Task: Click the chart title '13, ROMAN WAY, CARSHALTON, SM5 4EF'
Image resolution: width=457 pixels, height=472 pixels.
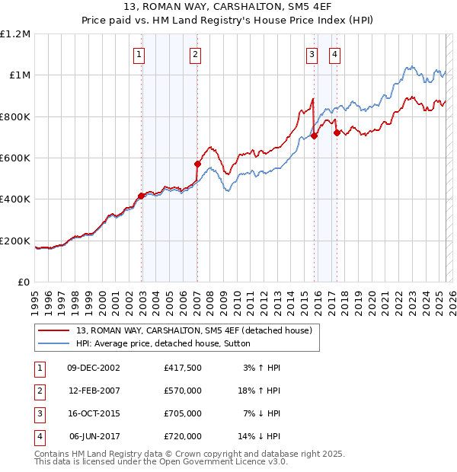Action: (x=228, y=7)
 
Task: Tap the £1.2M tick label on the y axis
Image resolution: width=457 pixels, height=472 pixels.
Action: (x=15, y=34)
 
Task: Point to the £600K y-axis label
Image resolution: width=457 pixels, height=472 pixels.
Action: (x=15, y=158)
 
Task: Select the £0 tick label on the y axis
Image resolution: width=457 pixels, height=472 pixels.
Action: (x=24, y=282)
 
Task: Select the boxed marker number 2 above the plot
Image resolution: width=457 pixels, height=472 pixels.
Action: (x=196, y=54)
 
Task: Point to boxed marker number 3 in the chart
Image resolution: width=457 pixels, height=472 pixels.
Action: (x=312, y=54)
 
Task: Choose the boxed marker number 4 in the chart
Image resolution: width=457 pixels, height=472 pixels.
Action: (x=334, y=54)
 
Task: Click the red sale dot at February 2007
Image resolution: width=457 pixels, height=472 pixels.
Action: (x=197, y=164)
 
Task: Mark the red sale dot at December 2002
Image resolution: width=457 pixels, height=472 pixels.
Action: (x=141, y=196)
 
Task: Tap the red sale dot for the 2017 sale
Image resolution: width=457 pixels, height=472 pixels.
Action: (x=336, y=133)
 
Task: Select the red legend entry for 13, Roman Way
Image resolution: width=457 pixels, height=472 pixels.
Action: (x=193, y=330)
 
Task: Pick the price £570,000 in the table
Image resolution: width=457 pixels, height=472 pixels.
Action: (x=182, y=390)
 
